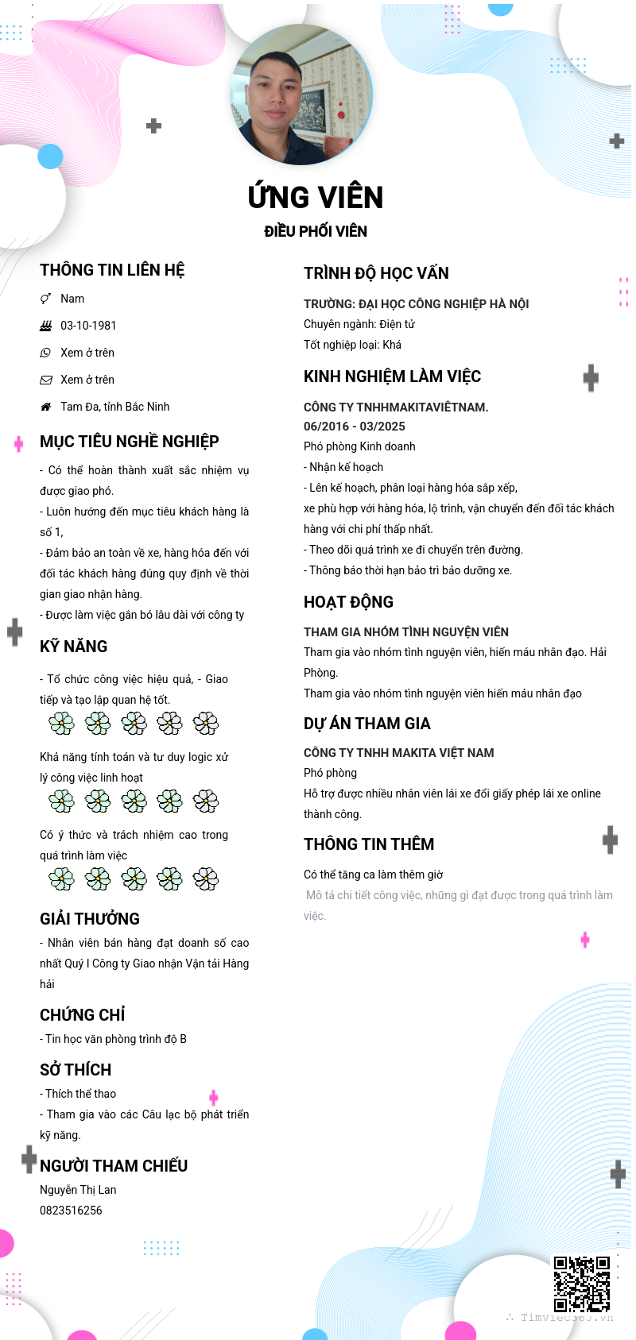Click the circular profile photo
coord(301,95)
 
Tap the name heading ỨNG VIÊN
coord(316,197)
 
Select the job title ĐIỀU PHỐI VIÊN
coord(316,231)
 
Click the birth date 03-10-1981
coord(88,326)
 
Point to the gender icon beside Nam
coord(46,299)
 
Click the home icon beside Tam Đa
coord(46,407)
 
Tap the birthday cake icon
coord(46,326)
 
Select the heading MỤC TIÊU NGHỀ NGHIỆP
coord(130,442)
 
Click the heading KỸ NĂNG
coord(74,647)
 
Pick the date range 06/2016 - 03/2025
coord(355,427)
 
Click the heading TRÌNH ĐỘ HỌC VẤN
coord(376,273)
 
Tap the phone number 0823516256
coord(71,1211)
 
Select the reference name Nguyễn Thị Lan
coord(78,1190)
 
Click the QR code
coord(582,1284)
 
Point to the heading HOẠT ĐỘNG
coord(348,602)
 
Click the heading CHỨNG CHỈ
coord(83,1015)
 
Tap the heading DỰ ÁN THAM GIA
coord(366,724)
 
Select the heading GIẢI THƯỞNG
coord(90,919)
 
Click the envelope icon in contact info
coord(46,380)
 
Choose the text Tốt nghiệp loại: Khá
coord(352,345)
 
